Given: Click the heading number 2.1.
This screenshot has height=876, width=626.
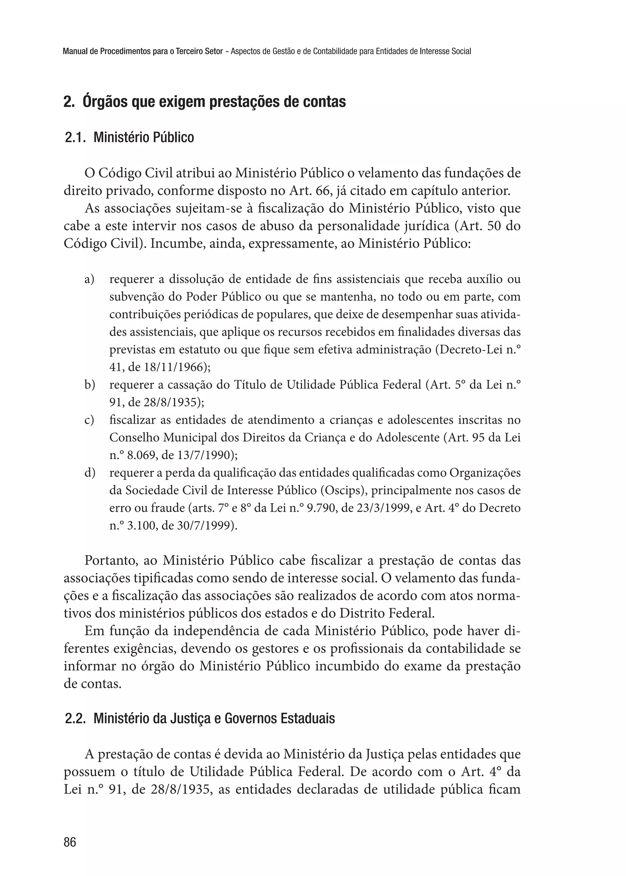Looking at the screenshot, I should [x=75, y=137].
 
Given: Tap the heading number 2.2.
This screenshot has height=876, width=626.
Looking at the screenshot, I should [x=75, y=718].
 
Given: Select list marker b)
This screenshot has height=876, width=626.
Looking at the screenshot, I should [x=90, y=385].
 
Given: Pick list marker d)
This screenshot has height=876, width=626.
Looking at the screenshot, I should [x=90, y=473].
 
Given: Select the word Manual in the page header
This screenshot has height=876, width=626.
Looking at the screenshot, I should [x=75, y=51].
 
